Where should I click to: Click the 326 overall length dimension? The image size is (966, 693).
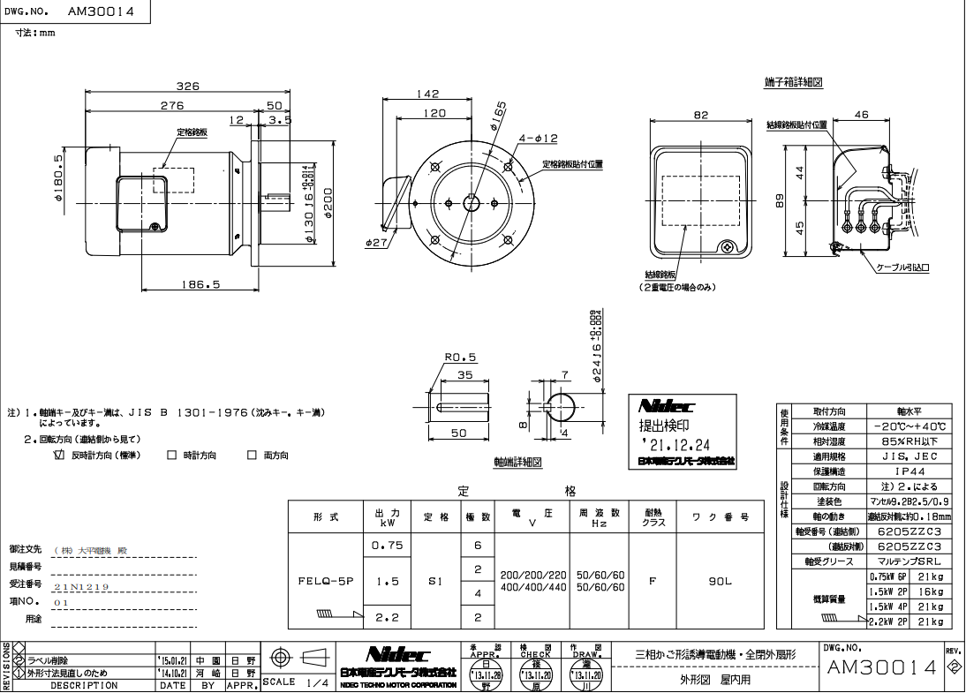[186, 87]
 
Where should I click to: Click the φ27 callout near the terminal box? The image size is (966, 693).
[376, 241]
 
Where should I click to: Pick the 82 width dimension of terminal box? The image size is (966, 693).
[701, 115]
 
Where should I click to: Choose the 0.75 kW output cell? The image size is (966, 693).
[388, 546]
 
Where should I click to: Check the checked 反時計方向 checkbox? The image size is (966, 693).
[60, 456]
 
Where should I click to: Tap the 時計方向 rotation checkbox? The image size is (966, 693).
[172, 456]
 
